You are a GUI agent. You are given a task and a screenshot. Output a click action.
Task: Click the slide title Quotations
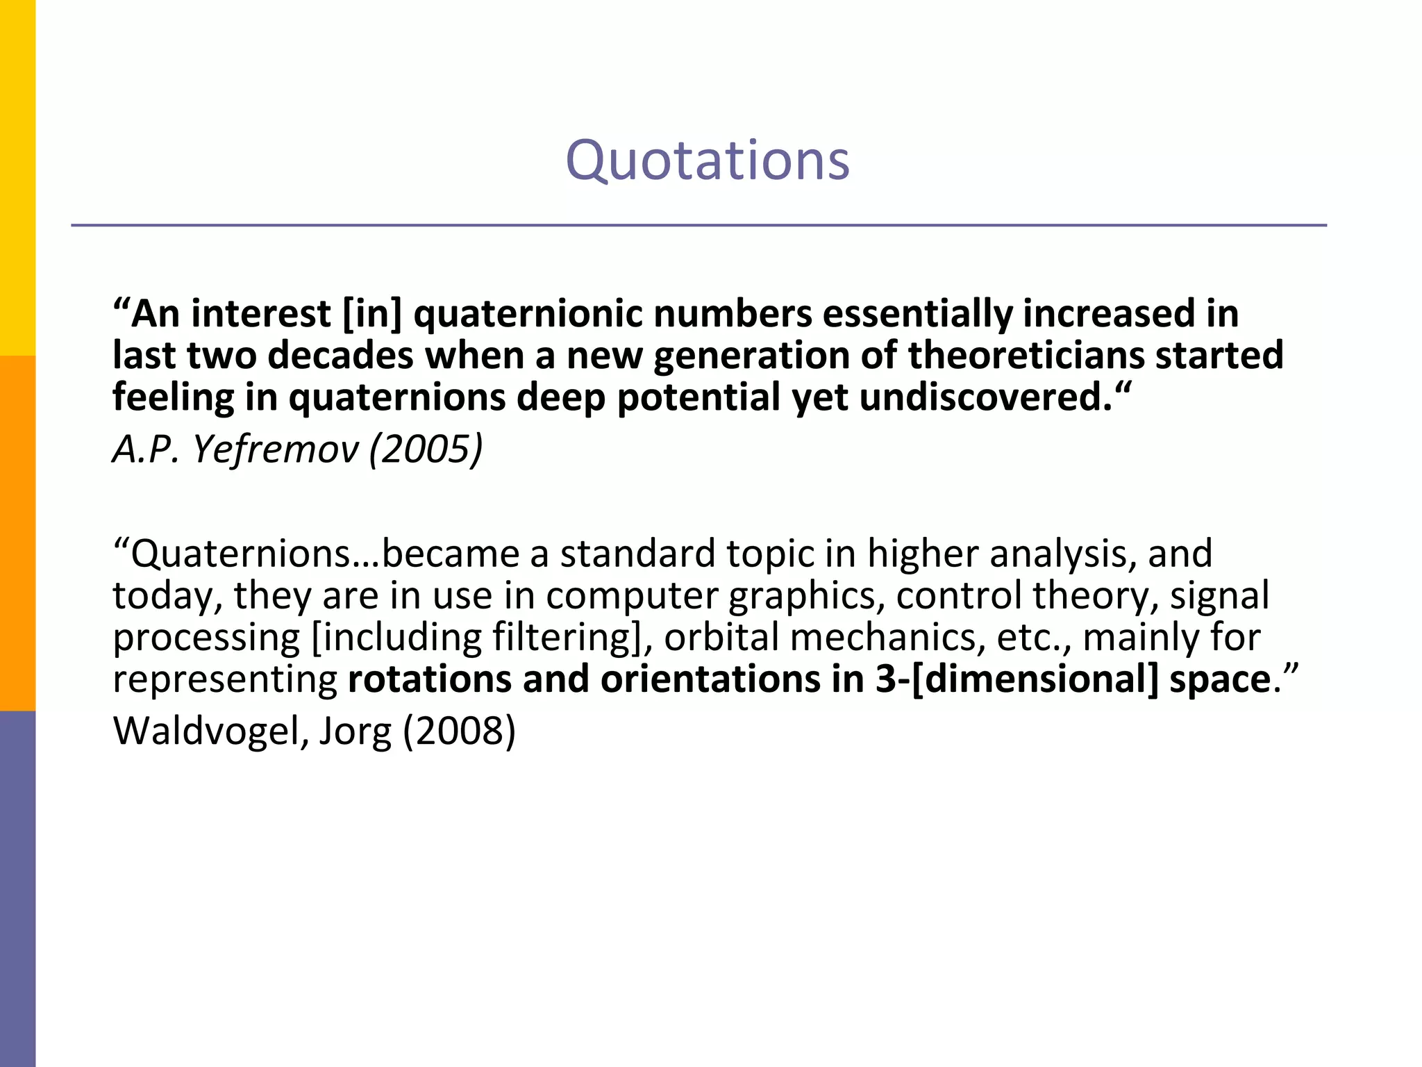click(x=707, y=160)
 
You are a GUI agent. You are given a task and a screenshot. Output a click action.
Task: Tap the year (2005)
click(x=426, y=449)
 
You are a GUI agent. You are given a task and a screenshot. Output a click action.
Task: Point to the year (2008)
click(x=459, y=731)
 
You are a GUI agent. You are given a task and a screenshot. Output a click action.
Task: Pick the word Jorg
click(x=355, y=732)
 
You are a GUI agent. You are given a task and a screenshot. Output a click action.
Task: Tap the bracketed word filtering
click(x=566, y=638)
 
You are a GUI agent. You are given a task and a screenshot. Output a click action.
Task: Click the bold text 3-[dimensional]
click(x=1017, y=679)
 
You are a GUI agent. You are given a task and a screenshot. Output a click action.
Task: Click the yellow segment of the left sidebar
click(x=17, y=177)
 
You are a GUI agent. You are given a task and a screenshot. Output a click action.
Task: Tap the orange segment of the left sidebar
click(x=17, y=533)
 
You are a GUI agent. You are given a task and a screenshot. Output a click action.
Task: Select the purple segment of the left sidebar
click(x=17, y=888)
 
